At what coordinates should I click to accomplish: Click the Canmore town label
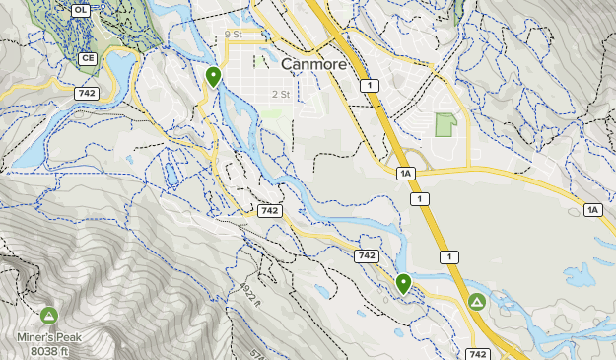tap(314, 64)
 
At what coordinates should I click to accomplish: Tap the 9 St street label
tap(233, 35)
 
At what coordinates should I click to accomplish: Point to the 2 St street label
tap(281, 95)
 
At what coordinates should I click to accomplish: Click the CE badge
tap(88, 59)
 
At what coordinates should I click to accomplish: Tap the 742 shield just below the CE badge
tap(85, 93)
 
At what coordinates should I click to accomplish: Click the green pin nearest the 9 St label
tap(213, 75)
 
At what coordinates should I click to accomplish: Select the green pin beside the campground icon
tap(403, 283)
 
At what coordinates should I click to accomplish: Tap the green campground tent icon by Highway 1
tap(477, 301)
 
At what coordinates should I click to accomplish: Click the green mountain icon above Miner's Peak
tap(49, 316)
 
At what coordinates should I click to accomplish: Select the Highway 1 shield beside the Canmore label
tap(369, 87)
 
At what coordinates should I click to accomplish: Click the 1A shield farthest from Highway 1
tap(592, 210)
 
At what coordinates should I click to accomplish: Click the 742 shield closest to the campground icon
tap(478, 354)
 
